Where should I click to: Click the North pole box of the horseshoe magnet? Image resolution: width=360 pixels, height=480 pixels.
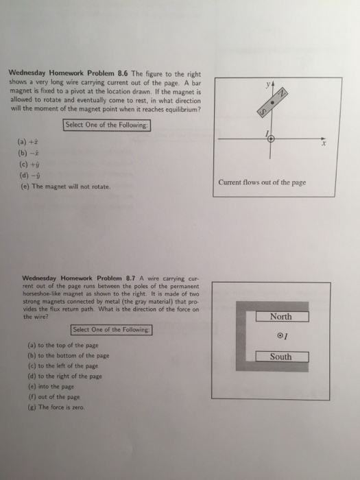pos(280,317)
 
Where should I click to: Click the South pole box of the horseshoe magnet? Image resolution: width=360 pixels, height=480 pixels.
pos(280,357)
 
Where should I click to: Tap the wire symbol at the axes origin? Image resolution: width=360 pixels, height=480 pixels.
pos(271,138)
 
